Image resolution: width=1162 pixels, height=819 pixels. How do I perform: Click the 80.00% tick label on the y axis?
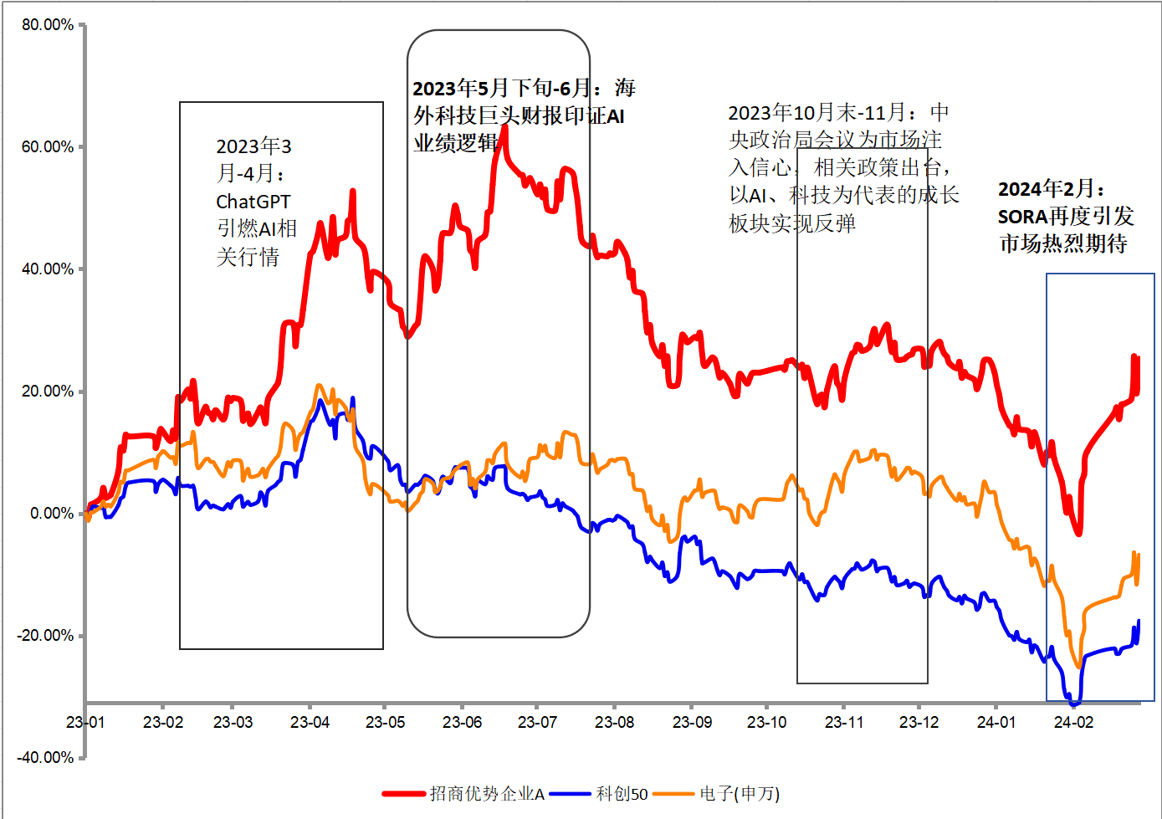click(48, 25)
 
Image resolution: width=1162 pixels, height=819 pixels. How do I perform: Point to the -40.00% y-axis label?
click(45, 757)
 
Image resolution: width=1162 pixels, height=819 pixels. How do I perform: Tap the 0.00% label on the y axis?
click(52, 513)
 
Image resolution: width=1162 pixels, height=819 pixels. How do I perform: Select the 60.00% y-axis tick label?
click(48, 147)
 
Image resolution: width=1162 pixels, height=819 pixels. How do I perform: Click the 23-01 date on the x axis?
click(85, 722)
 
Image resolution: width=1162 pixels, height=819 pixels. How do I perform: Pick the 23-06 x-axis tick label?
click(462, 722)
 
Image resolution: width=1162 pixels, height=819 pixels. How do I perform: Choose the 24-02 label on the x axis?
click(1073, 722)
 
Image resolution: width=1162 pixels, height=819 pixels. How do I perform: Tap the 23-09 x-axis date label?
click(692, 722)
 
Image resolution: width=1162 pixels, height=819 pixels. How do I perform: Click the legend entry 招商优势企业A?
click(487, 794)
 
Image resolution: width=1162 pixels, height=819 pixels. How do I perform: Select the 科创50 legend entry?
click(622, 794)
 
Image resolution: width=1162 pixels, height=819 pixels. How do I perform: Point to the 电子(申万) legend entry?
click(740, 794)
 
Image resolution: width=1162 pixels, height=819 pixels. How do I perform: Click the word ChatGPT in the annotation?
click(253, 202)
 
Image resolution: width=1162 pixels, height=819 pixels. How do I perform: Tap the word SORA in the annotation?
click(1022, 217)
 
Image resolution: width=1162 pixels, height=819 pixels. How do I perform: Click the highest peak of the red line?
click(504, 128)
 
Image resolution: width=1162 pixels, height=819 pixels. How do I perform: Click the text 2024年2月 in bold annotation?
click(1046, 189)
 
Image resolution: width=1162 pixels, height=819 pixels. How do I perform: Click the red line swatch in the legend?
click(404, 794)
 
